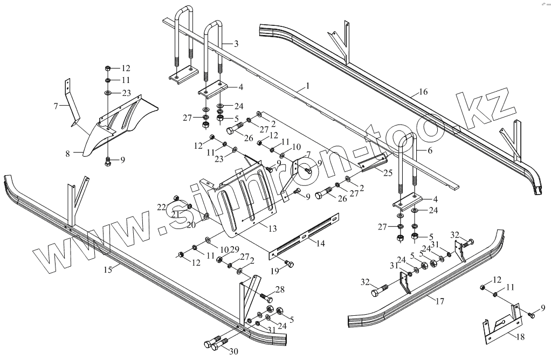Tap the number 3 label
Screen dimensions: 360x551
pos(236,43)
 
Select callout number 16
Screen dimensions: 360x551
pos(423,93)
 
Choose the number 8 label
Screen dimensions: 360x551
pos(67,154)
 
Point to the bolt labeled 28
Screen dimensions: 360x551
pos(266,296)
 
